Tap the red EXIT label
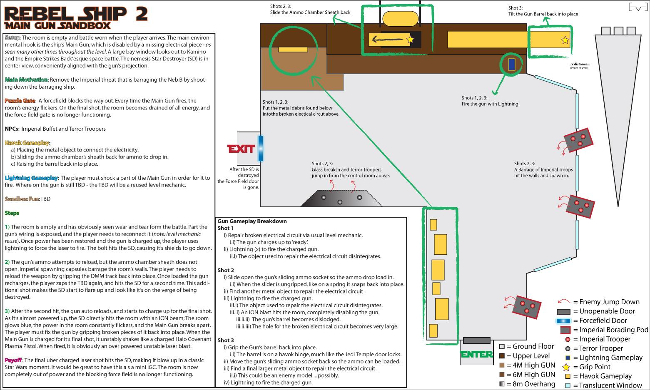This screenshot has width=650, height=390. tap(241, 149)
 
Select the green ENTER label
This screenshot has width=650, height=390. tap(477, 355)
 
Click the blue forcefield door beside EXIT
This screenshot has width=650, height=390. tap(260, 148)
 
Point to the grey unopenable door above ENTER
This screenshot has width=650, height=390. tap(476, 340)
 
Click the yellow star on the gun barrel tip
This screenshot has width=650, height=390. tap(565, 40)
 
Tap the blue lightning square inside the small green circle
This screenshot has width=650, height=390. tap(512, 64)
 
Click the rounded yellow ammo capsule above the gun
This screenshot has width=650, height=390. tap(400, 19)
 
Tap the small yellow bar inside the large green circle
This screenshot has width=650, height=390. tap(293, 50)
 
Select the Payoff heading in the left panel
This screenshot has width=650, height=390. tap(13, 360)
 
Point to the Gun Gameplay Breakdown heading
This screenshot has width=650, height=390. tap(252, 221)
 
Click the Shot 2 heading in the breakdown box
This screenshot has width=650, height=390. tap(226, 270)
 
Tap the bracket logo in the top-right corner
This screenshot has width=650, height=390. tap(637, 7)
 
